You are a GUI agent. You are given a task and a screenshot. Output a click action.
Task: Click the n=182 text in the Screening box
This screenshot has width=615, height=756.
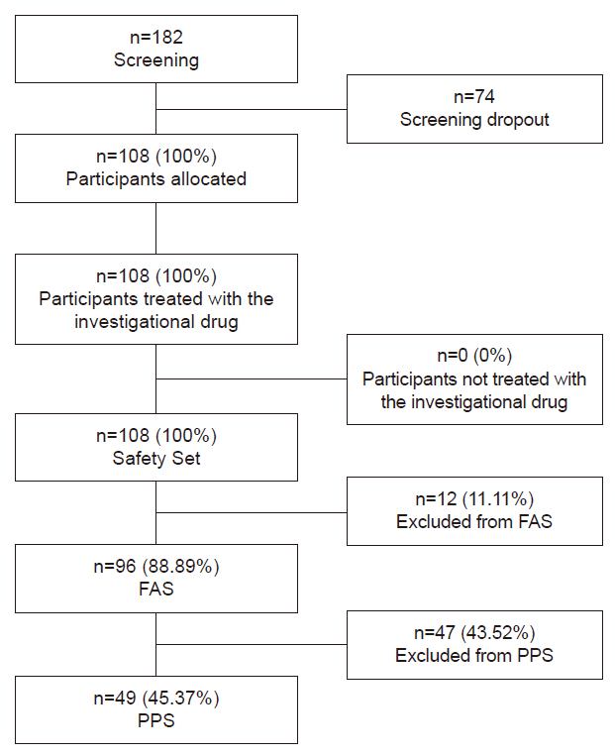156,37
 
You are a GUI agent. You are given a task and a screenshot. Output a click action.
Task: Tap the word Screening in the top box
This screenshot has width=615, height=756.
156,60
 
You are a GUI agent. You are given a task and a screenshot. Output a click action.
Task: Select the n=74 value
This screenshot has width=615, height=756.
474,96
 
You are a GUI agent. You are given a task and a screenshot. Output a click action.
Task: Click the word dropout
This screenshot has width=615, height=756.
518,120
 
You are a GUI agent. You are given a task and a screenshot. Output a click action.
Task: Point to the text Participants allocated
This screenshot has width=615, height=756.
156,179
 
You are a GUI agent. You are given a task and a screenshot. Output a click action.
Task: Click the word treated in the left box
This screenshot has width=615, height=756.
173,299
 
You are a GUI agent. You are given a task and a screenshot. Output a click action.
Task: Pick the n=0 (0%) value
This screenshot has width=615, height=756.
474,356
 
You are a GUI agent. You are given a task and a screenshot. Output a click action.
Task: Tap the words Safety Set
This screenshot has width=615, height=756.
156,458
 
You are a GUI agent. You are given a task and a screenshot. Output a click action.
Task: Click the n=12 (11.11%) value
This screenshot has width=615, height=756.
474,498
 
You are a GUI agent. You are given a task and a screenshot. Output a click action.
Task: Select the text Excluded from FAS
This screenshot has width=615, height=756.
474,522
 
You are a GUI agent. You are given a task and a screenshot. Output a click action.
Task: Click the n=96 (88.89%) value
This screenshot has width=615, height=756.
156,566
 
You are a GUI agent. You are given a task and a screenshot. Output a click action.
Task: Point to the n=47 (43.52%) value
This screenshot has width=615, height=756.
474,632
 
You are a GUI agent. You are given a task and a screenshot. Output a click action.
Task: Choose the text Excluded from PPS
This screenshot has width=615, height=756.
474,656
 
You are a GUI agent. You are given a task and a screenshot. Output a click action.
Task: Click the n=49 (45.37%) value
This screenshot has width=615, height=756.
156,699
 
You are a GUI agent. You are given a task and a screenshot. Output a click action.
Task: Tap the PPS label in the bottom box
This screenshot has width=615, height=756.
156,720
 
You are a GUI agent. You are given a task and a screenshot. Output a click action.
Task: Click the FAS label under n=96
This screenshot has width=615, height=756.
156,589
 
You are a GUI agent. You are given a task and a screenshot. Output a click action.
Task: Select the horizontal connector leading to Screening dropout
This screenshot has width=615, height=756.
252,109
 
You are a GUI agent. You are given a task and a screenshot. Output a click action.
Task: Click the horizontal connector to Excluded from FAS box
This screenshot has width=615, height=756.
252,512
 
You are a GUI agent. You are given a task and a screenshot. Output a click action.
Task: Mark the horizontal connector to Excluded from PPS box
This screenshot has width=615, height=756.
252,645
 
